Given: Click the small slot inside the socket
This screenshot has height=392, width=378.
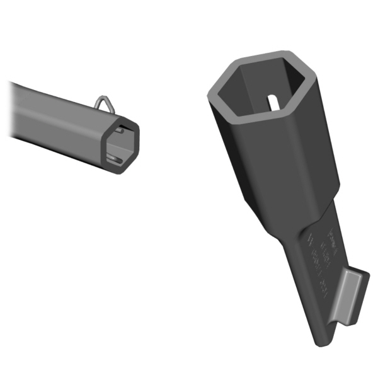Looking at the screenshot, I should (x=273, y=100).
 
